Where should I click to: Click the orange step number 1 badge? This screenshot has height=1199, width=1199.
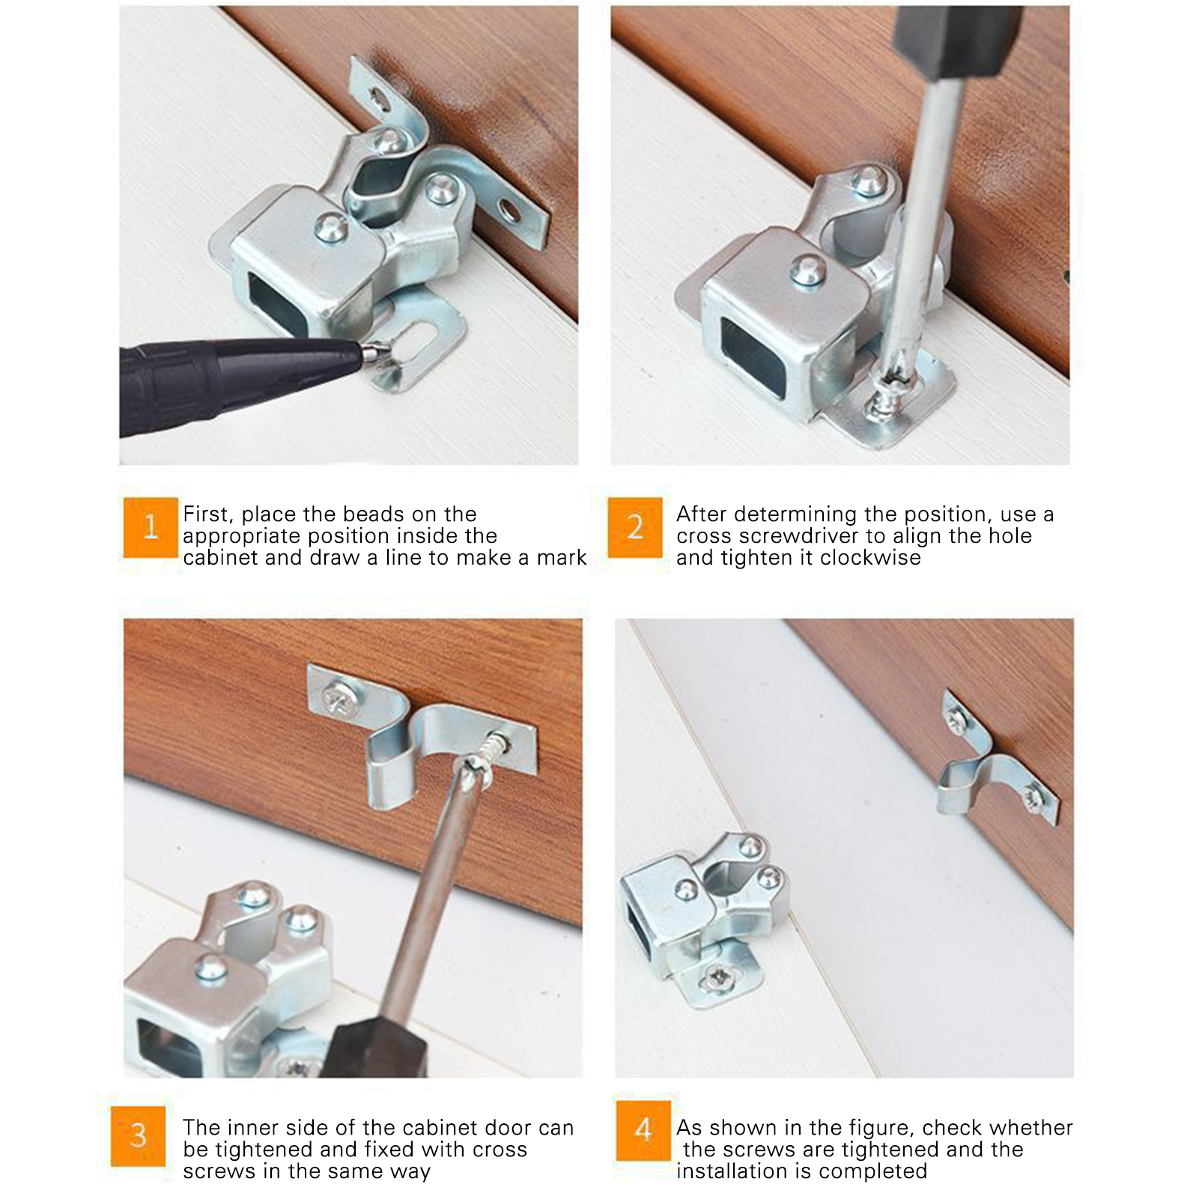tap(151, 527)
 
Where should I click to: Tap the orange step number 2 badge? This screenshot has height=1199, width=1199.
tap(635, 527)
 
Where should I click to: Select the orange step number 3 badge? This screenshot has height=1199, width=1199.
tap(139, 1136)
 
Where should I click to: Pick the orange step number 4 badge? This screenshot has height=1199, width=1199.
tap(643, 1130)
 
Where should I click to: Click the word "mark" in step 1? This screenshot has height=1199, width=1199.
tap(562, 558)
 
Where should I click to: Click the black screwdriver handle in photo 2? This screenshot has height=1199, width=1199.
tap(958, 41)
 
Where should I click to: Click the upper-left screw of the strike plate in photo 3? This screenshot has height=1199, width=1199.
tap(334, 699)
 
